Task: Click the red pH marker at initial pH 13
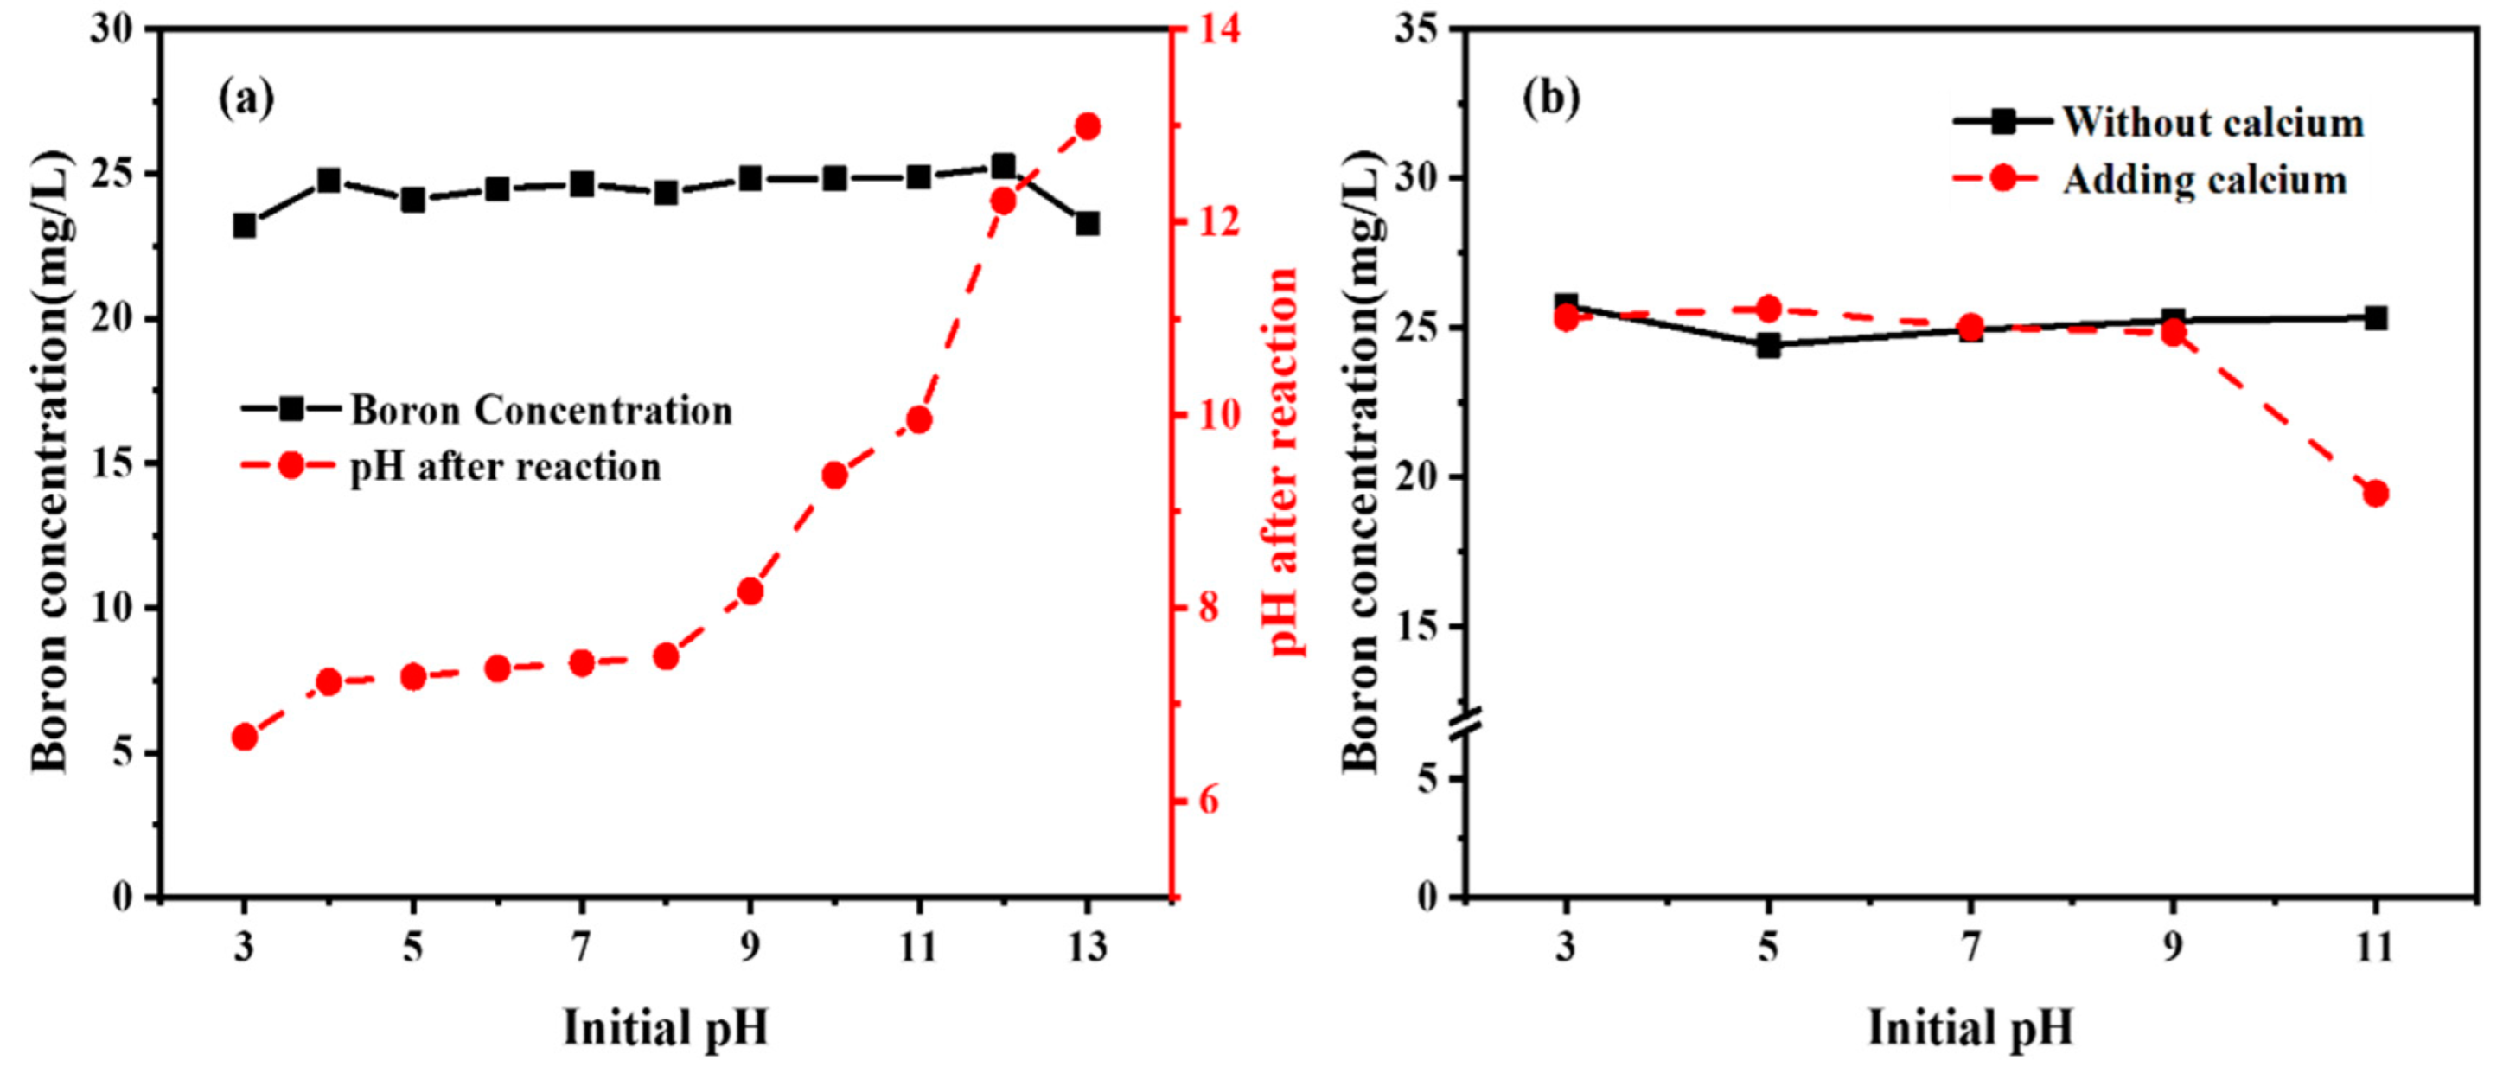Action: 1088,127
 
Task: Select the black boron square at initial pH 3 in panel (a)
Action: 245,227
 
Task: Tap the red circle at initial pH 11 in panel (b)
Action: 2376,494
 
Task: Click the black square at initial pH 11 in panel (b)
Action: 2376,317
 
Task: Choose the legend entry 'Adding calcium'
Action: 2204,180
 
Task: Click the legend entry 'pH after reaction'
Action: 505,467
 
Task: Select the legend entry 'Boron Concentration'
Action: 541,410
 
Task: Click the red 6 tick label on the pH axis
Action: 1208,801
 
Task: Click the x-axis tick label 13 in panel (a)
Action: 1088,947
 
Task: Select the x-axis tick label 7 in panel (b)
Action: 1970,947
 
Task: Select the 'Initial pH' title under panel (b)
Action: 1970,1029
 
